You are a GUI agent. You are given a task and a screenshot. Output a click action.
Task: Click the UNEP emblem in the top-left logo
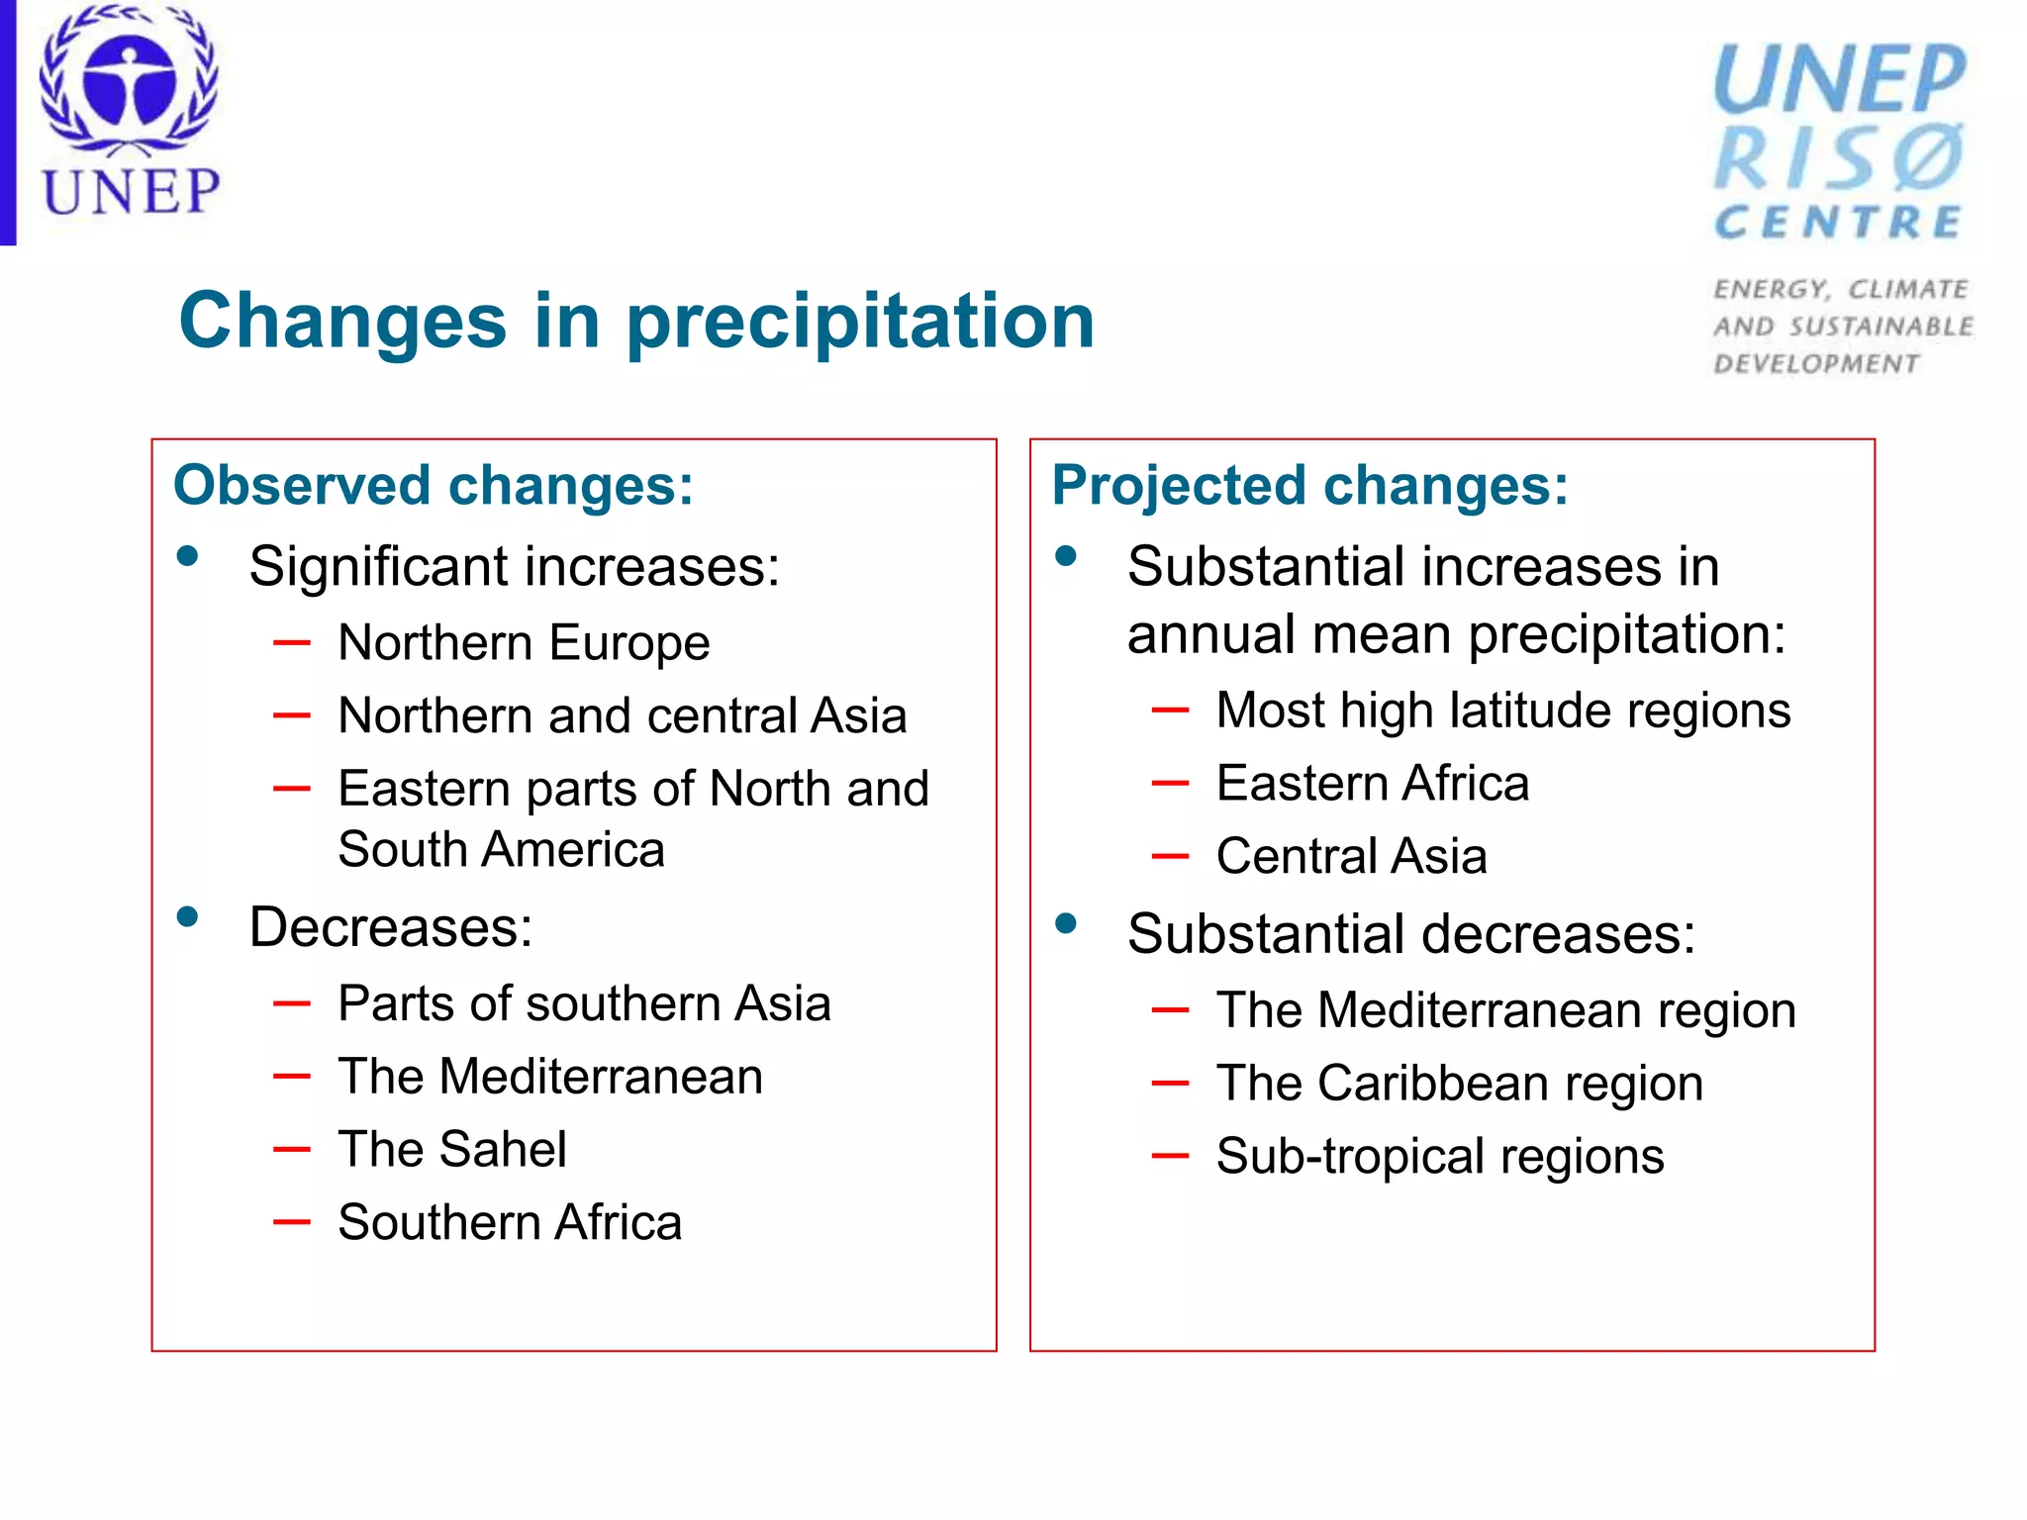[x=129, y=84]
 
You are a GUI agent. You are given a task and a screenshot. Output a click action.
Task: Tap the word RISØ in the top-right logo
[x=1839, y=158]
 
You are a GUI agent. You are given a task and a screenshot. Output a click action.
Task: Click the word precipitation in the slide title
[x=860, y=322]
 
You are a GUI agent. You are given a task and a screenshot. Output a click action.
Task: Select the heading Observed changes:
[x=434, y=486]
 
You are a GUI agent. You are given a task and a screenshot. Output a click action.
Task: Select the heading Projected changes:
[x=1309, y=486]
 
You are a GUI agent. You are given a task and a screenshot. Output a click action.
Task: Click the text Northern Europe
[x=524, y=643]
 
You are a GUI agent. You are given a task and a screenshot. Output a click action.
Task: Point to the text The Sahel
[x=452, y=1150]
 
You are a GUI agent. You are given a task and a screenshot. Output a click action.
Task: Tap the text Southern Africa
[x=510, y=1223]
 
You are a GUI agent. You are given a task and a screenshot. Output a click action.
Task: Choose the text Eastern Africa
[x=1372, y=784]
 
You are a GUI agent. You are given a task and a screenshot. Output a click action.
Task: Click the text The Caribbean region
[x=1460, y=1084]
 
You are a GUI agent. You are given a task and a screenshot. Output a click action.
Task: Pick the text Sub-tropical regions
[x=1440, y=1157]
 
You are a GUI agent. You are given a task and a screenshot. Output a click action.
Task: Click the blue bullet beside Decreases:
[x=188, y=916]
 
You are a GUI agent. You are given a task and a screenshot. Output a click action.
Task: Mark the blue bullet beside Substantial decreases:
[x=1066, y=924]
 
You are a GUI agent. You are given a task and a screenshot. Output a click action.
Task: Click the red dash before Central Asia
[x=1170, y=856]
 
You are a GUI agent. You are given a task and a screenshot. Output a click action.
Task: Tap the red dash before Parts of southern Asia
[x=292, y=1003]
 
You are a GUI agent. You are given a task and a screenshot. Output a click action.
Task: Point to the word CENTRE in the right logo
[x=1839, y=223]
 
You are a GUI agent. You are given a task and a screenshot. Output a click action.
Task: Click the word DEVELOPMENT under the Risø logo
[x=1816, y=364]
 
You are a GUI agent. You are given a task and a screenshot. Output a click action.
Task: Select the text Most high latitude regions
[x=1502, y=711]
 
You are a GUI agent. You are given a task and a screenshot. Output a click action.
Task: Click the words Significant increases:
[x=514, y=567]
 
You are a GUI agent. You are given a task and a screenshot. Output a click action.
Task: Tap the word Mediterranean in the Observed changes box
[x=601, y=1077]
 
